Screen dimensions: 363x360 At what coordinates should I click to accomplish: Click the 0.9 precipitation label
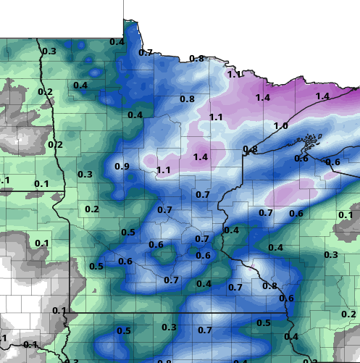(122, 167)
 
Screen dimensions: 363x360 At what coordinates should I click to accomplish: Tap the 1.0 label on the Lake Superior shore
(281, 126)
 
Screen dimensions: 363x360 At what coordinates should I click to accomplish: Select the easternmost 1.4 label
(322, 96)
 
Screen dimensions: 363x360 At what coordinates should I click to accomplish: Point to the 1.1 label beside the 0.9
(164, 170)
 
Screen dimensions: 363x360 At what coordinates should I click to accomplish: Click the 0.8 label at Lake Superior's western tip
(250, 149)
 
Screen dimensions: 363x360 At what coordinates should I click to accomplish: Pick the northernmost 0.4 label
(117, 42)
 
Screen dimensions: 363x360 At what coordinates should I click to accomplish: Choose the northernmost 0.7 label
(146, 52)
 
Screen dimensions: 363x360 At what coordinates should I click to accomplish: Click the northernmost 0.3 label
(49, 51)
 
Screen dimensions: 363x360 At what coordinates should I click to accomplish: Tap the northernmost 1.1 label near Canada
(234, 74)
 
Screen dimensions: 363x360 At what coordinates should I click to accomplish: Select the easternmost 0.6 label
(333, 162)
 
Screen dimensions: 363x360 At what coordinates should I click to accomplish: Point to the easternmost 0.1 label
(346, 214)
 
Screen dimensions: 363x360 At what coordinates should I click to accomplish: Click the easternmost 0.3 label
(331, 254)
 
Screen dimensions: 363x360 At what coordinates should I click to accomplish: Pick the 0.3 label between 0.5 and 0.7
(169, 327)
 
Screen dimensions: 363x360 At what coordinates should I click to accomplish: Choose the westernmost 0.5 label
(96, 266)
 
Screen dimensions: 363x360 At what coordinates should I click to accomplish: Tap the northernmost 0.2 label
(45, 91)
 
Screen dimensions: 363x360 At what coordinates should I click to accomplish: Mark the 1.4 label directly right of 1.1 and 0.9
(201, 157)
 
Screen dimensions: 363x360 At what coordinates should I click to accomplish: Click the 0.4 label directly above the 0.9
(135, 114)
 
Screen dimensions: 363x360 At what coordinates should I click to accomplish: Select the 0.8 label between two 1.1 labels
(187, 99)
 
